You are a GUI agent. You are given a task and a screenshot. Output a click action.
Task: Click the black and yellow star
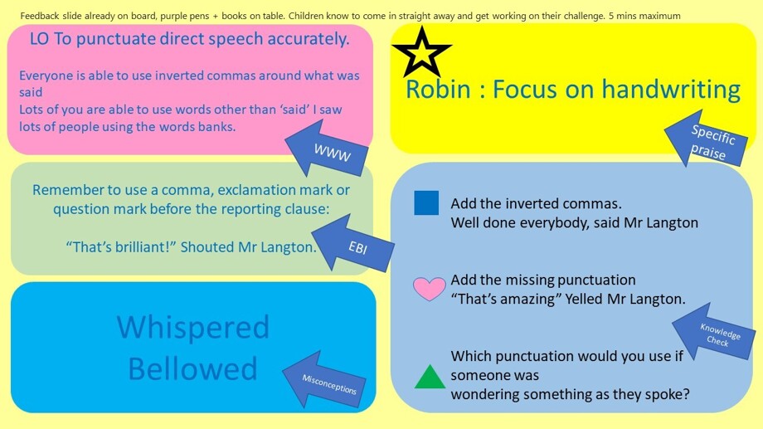[422, 52]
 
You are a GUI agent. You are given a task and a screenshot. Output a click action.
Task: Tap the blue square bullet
[426, 202]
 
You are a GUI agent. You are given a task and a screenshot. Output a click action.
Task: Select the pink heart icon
[430, 289]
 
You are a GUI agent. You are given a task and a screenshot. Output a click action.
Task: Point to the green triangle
[430, 377]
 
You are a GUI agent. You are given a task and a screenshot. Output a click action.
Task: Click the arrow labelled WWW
[327, 149]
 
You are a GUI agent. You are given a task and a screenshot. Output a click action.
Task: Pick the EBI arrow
[352, 242]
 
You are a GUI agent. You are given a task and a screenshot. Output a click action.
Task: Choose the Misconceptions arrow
[324, 379]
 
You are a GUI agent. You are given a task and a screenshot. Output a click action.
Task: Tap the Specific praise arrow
[706, 138]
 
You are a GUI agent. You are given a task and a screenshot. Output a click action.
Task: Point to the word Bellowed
[192, 368]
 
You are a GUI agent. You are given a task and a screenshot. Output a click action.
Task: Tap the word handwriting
[671, 90]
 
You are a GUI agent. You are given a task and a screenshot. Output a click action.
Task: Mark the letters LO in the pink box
[39, 39]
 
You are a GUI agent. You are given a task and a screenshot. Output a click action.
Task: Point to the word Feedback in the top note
[40, 16]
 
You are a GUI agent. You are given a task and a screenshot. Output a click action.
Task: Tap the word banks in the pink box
[217, 127]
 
